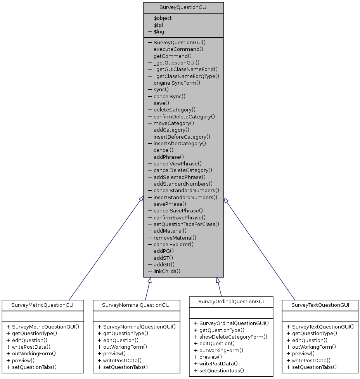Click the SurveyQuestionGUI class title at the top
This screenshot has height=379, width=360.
tap(183, 7)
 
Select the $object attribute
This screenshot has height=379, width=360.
tap(160, 18)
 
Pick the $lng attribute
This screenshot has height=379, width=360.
tap(157, 31)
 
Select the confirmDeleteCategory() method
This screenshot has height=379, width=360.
tap(181, 116)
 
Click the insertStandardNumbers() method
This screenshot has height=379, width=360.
tap(182, 197)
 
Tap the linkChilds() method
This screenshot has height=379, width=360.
tap(164, 271)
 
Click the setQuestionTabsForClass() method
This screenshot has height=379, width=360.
tap(183, 224)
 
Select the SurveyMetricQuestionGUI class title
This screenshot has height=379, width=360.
tap(43, 305)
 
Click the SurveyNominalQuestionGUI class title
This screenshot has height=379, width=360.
tap(136, 305)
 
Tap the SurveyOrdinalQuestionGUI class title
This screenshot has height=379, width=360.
tap(231, 302)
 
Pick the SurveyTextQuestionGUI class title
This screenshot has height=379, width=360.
tap(320, 305)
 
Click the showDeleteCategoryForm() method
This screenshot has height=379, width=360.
tap(230, 337)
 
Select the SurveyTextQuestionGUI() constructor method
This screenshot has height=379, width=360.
tap(320, 327)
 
